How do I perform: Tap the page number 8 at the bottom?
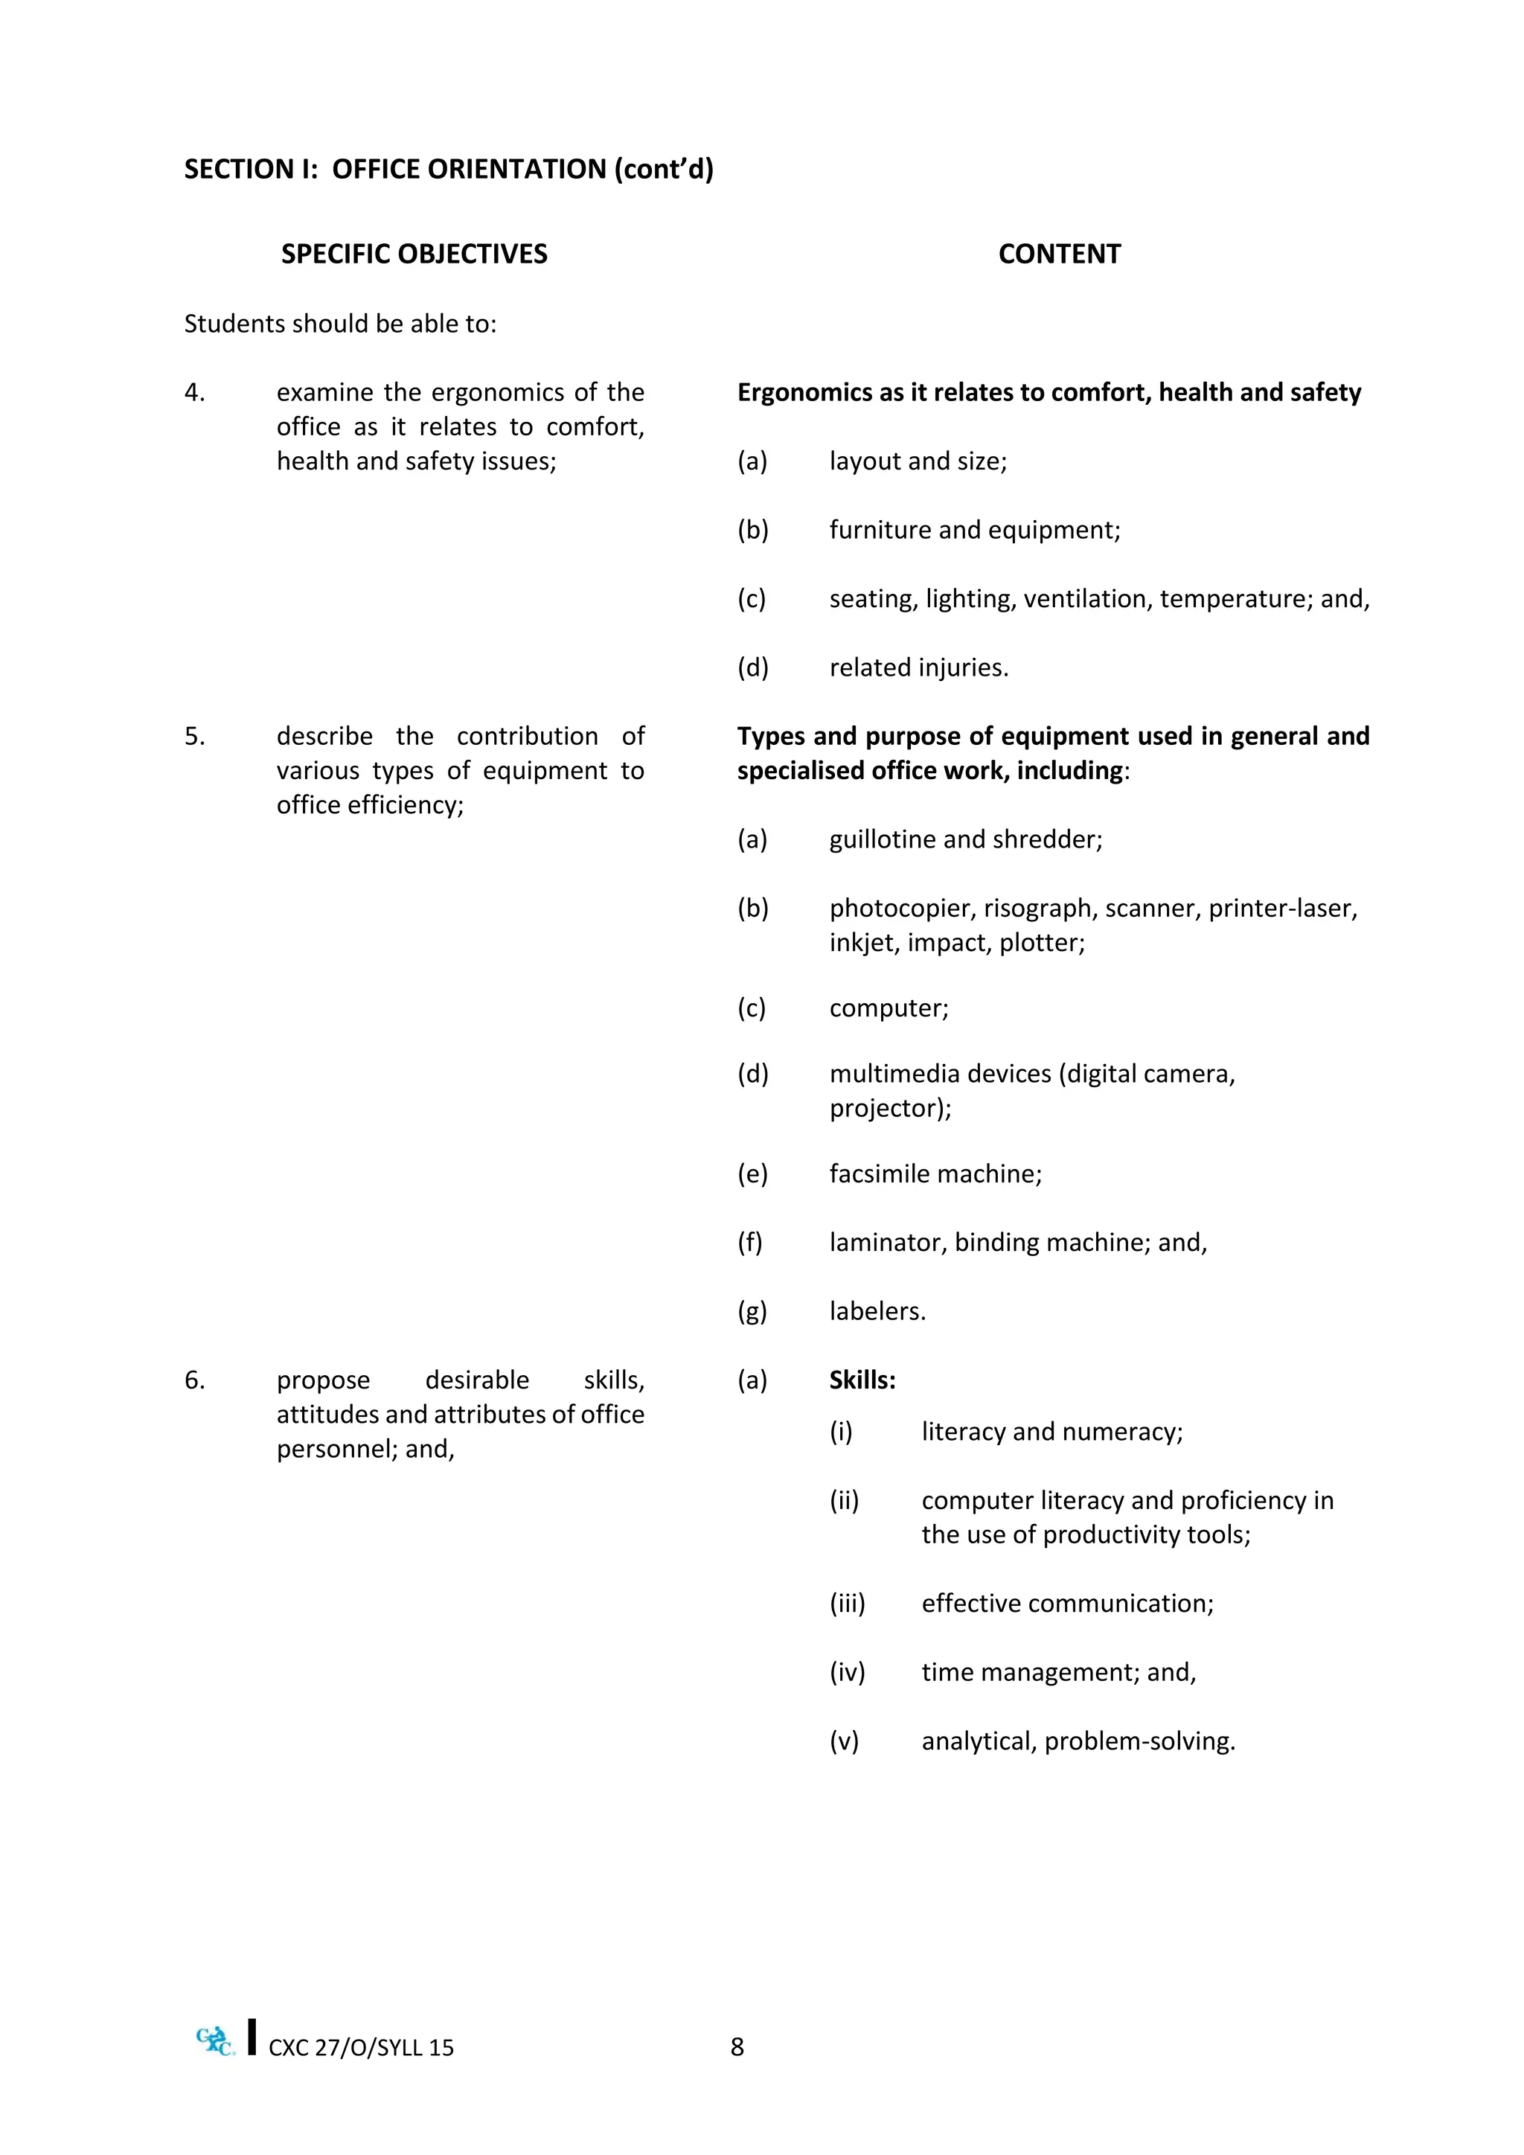coord(737,2047)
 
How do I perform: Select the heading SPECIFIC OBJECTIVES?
coord(414,254)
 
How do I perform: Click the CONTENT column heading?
coord(1059,254)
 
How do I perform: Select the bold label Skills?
coord(862,1380)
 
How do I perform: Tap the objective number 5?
coord(194,737)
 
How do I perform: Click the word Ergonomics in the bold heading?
coord(804,392)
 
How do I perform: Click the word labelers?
coord(877,1311)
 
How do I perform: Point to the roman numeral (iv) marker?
coord(846,1673)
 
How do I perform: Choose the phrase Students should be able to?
coord(340,324)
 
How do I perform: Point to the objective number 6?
coord(194,1380)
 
